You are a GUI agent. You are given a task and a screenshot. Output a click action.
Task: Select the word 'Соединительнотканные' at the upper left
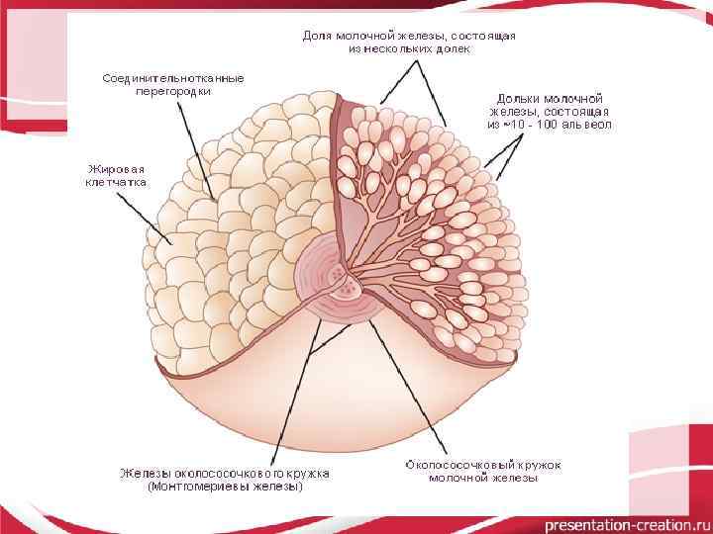(x=173, y=77)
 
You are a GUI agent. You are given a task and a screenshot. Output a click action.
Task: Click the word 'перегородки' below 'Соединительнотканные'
(x=173, y=91)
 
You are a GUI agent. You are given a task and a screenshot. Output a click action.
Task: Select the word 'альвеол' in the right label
(x=591, y=126)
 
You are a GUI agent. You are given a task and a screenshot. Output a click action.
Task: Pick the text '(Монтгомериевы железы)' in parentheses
(x=224, y=487)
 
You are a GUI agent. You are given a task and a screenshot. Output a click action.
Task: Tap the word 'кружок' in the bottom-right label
(x=542, y=464)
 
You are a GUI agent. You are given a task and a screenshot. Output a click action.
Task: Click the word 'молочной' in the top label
(x=366, y=36)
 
